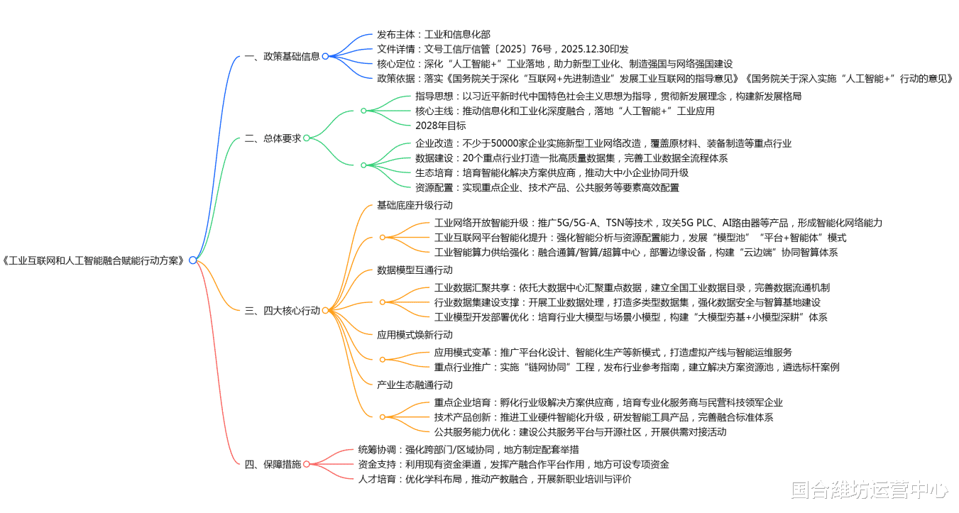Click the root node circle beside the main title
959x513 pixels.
coord(192,260)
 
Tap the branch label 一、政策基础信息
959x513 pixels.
coord(282,57)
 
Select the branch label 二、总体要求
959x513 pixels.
coord(273,138)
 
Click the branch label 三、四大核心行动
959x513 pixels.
coord(282,311)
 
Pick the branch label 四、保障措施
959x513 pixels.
coord(273,464)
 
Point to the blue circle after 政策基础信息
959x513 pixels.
coord(325,57)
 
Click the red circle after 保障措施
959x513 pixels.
coord(307,464)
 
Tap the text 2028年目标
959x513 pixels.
coord(441,126)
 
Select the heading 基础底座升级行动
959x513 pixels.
coord(415,205)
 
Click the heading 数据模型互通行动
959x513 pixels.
coord(415,270)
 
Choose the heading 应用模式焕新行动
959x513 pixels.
coord(415,335)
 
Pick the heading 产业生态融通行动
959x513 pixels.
coord(415,385)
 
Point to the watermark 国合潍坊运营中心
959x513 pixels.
coord(869,490)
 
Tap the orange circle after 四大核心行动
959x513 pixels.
coord(325,311)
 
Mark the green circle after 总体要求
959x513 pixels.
coord(307,138)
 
